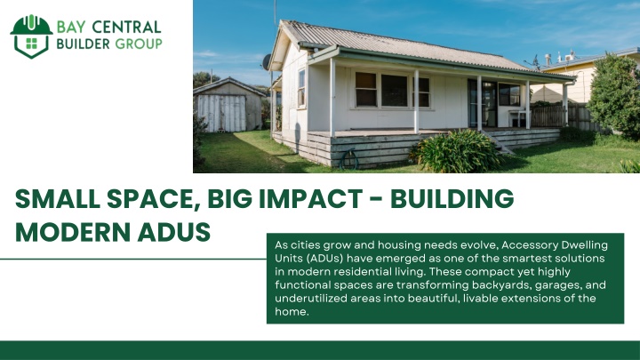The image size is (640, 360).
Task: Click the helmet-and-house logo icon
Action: click(x=31, y=36)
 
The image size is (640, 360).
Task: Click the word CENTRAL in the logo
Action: click(x=126, y=28)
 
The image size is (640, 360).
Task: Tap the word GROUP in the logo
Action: click(x=139, y=44)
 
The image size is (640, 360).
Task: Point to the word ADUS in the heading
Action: click(x=174, y=232)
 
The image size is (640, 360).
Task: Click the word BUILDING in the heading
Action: click(x=452, y=199)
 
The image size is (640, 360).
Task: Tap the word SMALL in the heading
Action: click(x=58, y=199)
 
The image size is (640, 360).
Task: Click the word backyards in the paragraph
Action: click(x=500, y=285)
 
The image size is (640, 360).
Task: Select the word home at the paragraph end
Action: click(x=290, y=312)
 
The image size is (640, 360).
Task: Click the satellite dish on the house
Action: click(x=267, y=62)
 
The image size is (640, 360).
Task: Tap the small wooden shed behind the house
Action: click(x=229, y=105)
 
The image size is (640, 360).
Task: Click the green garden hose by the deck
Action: click(x=349, y=159)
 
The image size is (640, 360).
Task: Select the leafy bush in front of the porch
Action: click(x=456, y=150)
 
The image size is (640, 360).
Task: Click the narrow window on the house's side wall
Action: click(x=301, y=89)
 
